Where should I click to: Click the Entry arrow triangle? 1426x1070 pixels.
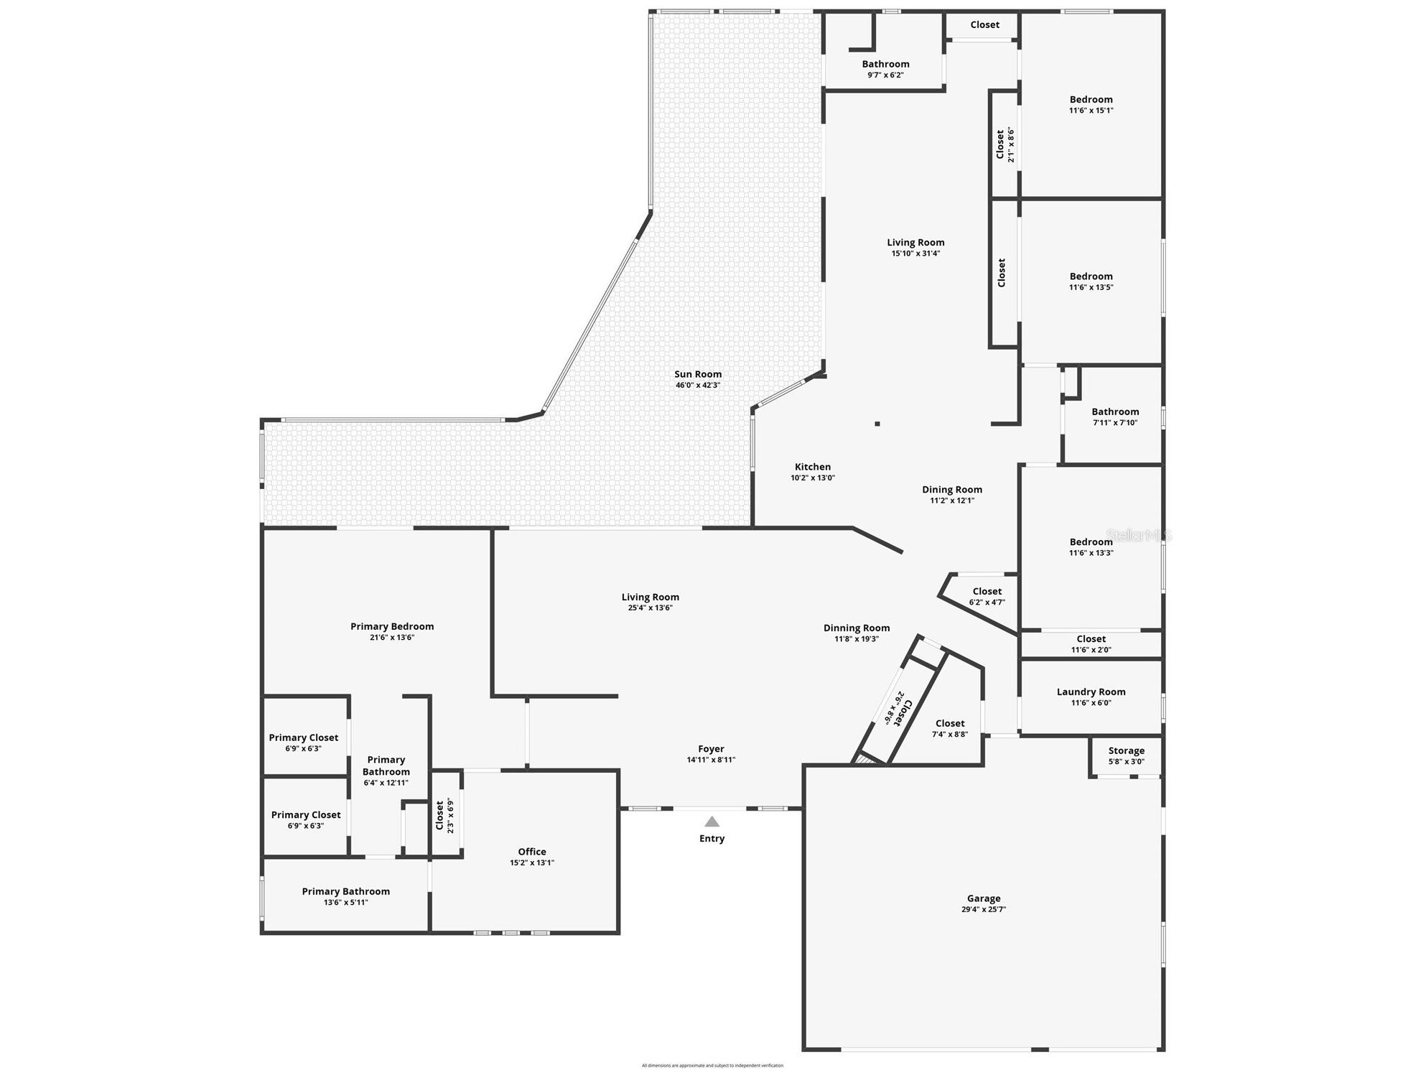coord(712,822)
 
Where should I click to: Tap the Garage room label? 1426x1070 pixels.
coord(983,898)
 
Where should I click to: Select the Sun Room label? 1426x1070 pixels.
coord(697,374)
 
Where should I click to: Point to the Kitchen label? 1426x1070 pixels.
coord(812,467)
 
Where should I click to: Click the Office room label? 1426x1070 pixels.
coord(531,852)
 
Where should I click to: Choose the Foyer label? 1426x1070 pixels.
coord(711,749)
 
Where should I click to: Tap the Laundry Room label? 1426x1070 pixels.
coord(1091,692)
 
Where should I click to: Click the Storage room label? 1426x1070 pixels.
coord(1126,751)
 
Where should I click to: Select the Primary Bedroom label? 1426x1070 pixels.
coord(392,627)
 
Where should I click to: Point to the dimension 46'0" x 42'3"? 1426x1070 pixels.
coord(697,386)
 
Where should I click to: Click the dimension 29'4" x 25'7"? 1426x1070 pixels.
coord(983,910)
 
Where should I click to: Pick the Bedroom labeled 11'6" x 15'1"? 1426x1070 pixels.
coord(1091,100)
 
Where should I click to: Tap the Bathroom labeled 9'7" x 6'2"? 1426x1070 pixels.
coord(885,65)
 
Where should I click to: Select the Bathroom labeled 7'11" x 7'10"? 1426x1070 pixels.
coord(1115,412)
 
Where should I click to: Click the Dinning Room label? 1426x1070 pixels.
coord(857,628)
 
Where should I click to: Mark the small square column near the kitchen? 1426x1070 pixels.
coord(877,424)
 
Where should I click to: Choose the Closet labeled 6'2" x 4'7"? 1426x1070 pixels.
coord(987,592)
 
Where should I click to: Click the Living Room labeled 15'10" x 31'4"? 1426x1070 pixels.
coord(915,243)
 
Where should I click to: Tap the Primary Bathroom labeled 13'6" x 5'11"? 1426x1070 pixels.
coord(345,892)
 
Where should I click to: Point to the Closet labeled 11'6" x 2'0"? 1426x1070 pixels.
coord(1091,639)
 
